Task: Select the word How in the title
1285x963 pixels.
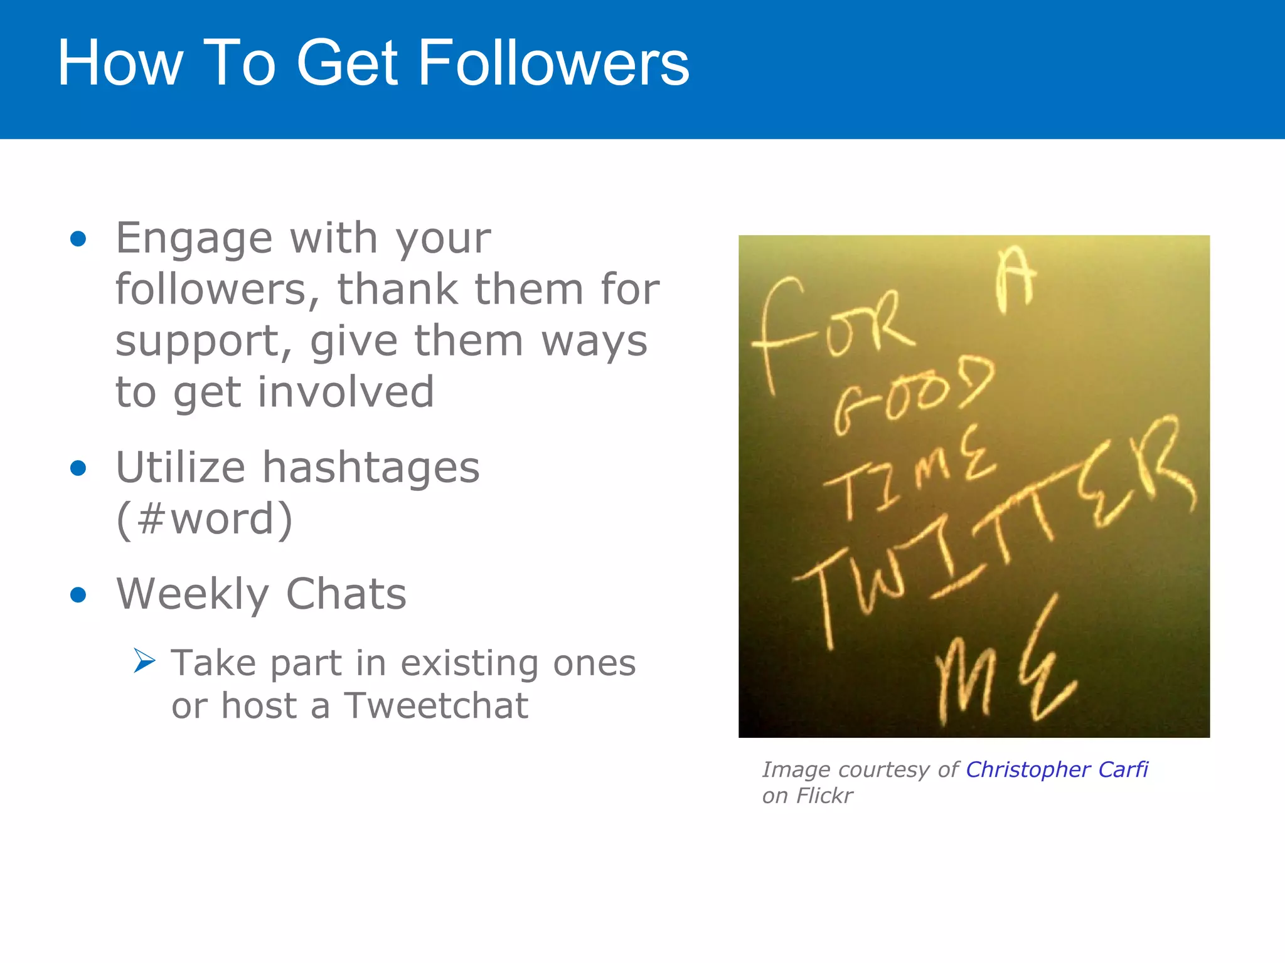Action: pos(120,63)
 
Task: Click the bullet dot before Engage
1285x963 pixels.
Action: pos(78,239)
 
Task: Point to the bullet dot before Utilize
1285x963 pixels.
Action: pos(78,468)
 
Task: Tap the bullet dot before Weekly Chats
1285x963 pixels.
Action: pos(78,594)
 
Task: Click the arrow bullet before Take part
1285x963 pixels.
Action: pos(144,661)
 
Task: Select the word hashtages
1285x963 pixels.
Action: pos(370,468)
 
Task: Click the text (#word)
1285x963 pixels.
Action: pos(205,519)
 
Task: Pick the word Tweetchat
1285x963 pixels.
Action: pos(436,706)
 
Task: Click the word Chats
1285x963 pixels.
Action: pos(346,594)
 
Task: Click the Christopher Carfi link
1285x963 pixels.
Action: pos(1057,769)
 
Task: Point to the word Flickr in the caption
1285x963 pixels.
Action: pos(824,796)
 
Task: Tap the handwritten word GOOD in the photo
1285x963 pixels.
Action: pos(913,395)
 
